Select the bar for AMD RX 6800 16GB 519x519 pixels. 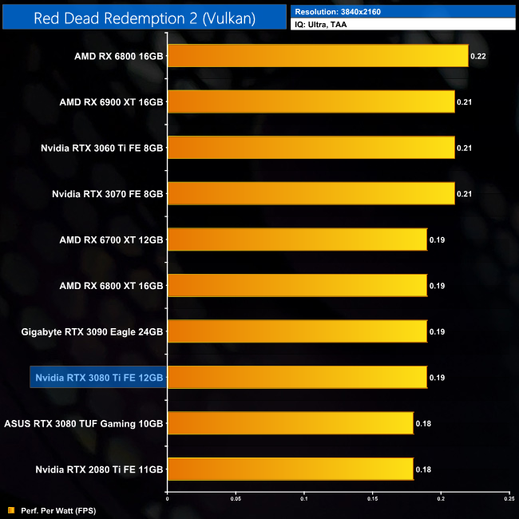(x=318, y=56)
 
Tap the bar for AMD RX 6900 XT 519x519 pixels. (x=311, y=101)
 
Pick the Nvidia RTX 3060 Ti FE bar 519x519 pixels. (x=311, y=148)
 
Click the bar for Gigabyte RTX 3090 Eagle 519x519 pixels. (x=297, y=331)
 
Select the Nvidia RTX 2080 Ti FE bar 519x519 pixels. (x=290, y=469)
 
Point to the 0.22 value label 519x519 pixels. (x=478, y=56)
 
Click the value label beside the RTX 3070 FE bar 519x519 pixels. (x=465, y=194)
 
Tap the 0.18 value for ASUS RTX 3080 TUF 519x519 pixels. (x=423, y=423)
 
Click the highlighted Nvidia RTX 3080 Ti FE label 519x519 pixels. (x=98, y=377)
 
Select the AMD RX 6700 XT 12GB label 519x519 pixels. (x=111, y=240)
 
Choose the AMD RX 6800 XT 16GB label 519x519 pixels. (x=111, y=285)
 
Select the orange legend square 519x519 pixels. (x=10, y=509)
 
